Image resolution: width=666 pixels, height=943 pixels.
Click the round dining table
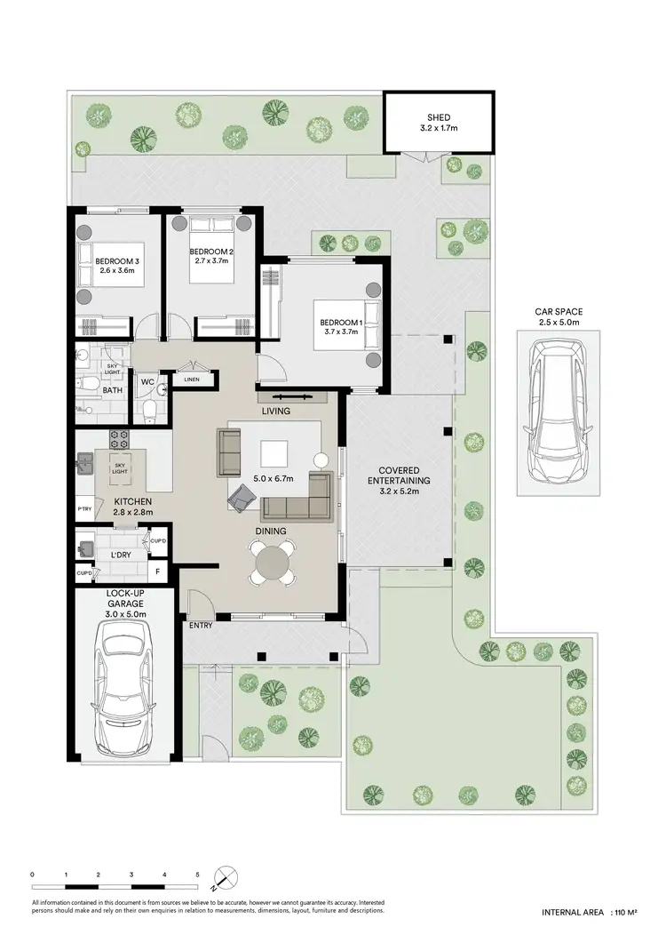pyautogui.click(x=274, y=562)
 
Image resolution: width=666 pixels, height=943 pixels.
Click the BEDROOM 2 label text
pyautogui.click(x=211, y=252)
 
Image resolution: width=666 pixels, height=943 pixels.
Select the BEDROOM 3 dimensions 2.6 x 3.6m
pyautogui.click(x=119, y=270)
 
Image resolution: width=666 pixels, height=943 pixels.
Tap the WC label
pyautogui.click(x=147, y=383)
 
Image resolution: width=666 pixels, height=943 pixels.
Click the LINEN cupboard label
pyautogui.click(x=192, y=380)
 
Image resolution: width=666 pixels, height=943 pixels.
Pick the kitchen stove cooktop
pyautogui.click(x=119, y=438)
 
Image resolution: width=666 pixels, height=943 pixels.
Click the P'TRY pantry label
pyautogui.click(x=84, y=508)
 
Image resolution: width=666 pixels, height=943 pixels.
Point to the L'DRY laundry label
pyautogui.click(x=121, y=555)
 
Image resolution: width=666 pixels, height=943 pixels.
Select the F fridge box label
pyautogui.click(x=159, y=572)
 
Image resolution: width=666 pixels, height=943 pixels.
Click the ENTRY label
pyautogui.click(x=200, y=626)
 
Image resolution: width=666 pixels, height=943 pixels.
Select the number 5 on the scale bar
pyautogui.click(x=198, y=875)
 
